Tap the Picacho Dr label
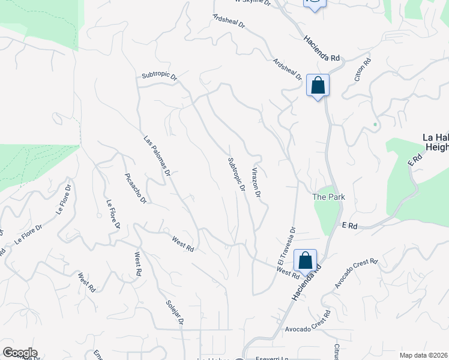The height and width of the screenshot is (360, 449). [135, 188]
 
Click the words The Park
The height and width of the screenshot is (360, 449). [329, 197]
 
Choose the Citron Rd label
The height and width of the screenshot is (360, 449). [362, 69]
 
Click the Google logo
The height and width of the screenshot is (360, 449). [20, 353]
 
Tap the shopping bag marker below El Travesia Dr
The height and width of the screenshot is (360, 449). [305, 260]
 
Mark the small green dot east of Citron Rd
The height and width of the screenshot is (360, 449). [375, 125]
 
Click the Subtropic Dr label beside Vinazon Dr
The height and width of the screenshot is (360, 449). [237, 174]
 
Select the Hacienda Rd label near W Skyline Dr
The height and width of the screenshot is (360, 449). [321, 47]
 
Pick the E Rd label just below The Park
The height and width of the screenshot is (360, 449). [350, 226]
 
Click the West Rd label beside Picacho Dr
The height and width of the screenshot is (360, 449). [182, 244]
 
